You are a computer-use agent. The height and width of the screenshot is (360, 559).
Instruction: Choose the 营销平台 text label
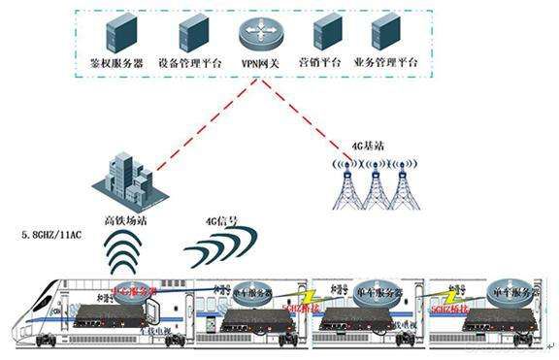(319, 61)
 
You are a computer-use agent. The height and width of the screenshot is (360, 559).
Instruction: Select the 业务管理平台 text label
(386, 61)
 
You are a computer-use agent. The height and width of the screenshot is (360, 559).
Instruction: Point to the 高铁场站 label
(123, 219)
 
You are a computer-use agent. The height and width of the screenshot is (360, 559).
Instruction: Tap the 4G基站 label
(368, 146)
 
